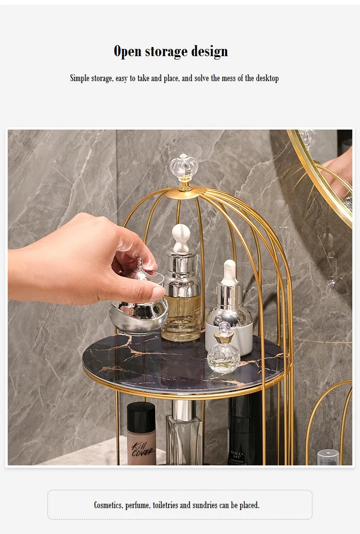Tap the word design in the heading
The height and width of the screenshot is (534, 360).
coord(209,51)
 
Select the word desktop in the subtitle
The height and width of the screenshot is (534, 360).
coord(267,78)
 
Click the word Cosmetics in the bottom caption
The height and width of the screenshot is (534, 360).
coord(108,505)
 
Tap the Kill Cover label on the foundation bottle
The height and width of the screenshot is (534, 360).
coord(142,449)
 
